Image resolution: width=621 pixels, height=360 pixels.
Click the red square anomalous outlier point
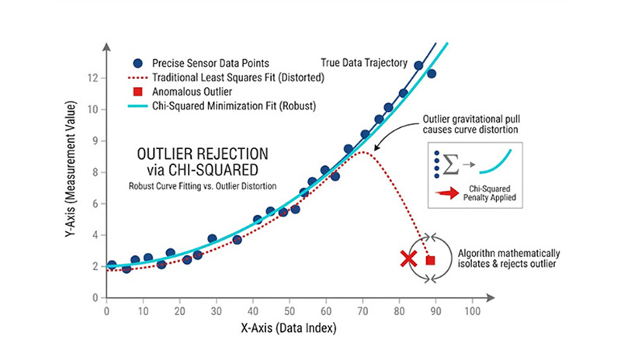pos(430,261)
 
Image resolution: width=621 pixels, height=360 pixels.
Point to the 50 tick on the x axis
pos(289,310)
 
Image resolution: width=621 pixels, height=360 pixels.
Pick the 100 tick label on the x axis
pos(470,310)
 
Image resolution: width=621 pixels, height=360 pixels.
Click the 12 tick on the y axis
pos(95,78)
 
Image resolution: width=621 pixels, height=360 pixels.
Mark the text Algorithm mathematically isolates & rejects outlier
pos(504,261)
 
